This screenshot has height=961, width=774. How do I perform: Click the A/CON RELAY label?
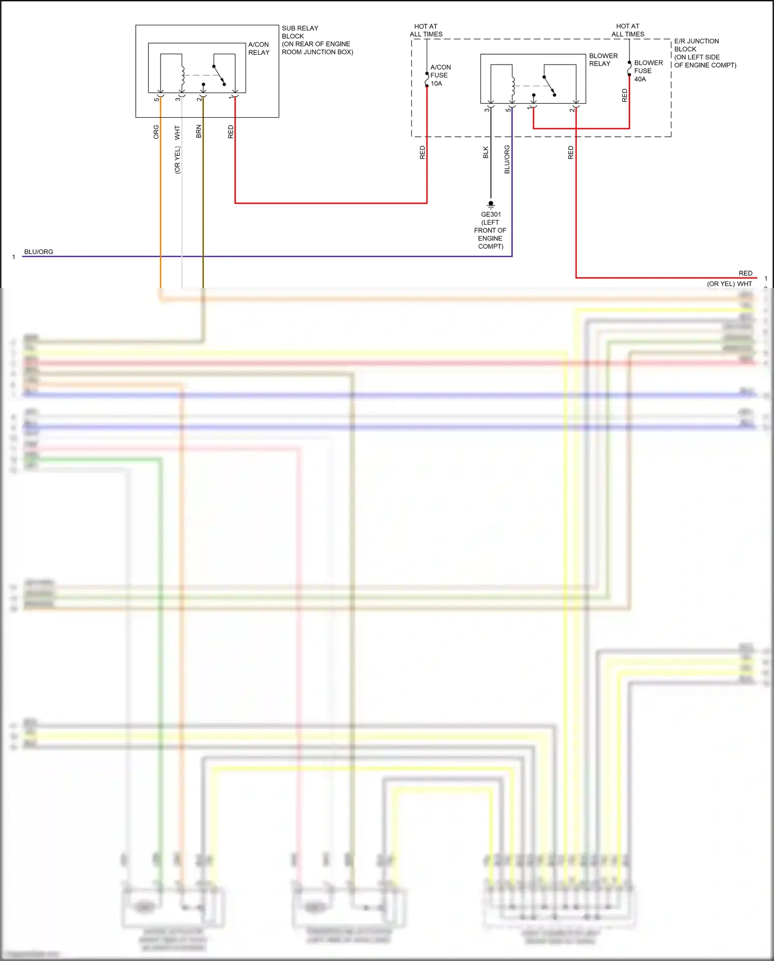click(x=259, y=49)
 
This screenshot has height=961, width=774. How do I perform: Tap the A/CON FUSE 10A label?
click(x=440, y=75)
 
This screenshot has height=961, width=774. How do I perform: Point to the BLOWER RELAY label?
click(x=603, y=59)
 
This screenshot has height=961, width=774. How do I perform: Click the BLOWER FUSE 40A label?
click(x=648, y=71)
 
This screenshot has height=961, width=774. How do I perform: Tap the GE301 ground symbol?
click(x=491, y=204)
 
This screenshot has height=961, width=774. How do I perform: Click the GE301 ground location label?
click(x=490, y=230)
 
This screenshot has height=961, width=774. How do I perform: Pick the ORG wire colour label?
click(x=156, y=132)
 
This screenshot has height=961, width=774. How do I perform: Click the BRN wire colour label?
click(x=199, y=131)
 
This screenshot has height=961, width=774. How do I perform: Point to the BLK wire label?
click(x=486, y=152)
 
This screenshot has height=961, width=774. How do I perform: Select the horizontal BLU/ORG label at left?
click(x=39, y=252)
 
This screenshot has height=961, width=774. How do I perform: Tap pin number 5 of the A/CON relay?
click(x=156, y=99)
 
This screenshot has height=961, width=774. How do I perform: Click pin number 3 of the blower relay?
click(x=486, y=109)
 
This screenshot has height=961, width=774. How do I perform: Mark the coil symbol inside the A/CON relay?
click(x=183, y=76)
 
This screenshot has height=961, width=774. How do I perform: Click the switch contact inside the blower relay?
click(x=549, y=86)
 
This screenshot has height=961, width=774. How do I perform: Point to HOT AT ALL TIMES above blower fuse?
click(x=627, y=30)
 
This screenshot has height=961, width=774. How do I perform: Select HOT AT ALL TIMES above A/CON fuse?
click(x=426, y=30)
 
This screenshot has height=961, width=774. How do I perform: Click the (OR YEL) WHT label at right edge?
click(x=729, y=283)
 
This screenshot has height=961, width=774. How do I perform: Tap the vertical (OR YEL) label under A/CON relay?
click(x=178, y=160)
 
